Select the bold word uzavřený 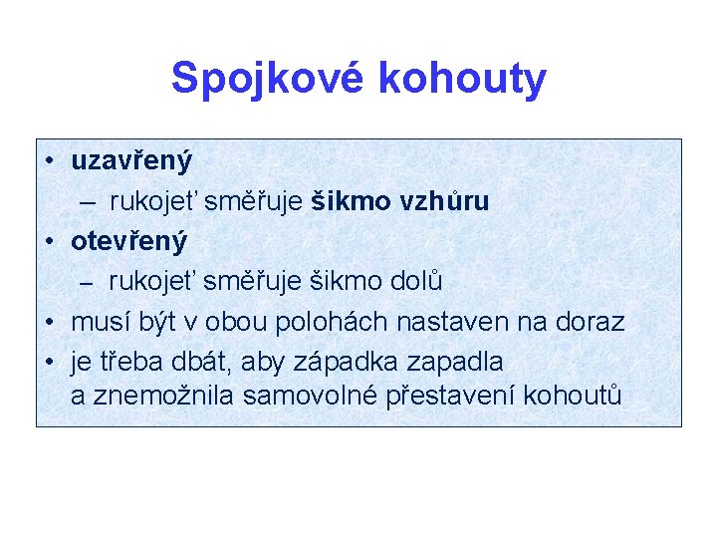coord(131,161)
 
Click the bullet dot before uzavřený coord(49,161)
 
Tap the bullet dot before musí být coord(49,323)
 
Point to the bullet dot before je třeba coord(49,361)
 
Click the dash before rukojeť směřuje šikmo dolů coord(87,284)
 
